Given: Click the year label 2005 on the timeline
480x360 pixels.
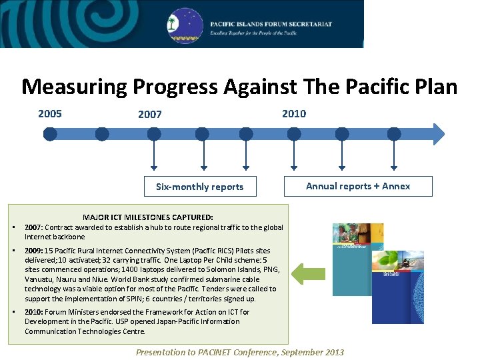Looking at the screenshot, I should [50, 113].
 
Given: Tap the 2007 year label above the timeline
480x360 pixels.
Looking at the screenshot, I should [150, 115].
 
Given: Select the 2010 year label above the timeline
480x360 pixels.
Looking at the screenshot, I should [294, 113].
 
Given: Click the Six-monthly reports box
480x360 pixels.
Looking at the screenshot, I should [199, 187].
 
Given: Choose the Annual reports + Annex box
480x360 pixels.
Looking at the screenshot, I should [358, 186].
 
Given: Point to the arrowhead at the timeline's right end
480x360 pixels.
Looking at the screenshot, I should [438, 134].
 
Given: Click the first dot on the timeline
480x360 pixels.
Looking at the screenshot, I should [50, 134].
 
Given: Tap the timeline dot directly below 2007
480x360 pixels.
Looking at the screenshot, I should [154, 134].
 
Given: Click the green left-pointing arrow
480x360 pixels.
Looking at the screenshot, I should [308, 273].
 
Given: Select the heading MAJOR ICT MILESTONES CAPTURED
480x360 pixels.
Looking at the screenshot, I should [148, 217].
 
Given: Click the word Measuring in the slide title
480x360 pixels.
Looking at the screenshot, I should [73, 87].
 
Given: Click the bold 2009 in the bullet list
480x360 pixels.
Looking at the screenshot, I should [33, 251].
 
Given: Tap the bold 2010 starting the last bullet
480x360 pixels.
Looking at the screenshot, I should [33, 312].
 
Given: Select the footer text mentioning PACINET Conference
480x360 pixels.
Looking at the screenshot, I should [240, 352].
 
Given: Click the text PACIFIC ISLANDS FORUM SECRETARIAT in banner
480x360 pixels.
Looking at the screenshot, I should [271, 24].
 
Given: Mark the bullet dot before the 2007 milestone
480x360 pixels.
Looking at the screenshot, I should [14, 227].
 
